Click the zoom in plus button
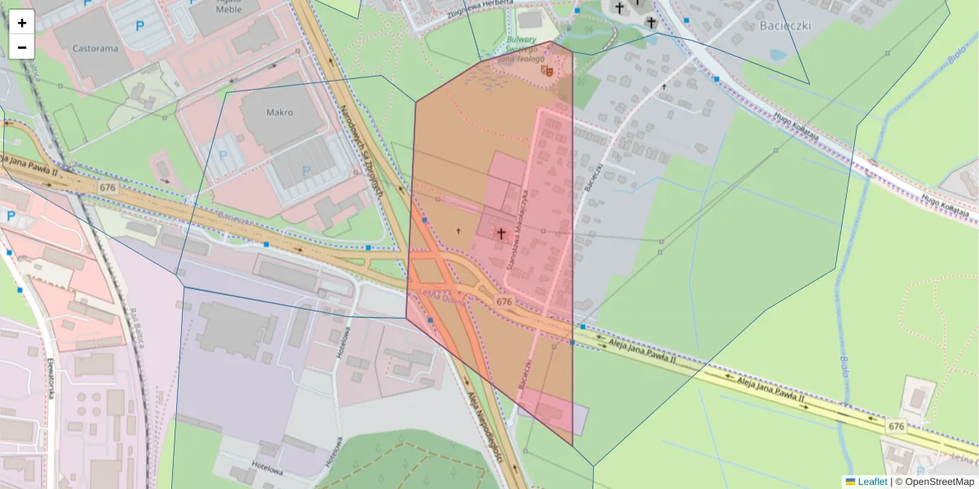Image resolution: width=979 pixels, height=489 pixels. click(x=22, y=23)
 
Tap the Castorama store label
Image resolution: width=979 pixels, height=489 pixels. click(x=95, y=48)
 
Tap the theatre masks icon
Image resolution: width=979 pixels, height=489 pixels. click(x=547, y=72)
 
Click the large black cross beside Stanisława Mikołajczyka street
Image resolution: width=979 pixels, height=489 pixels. click(x=500, y=234)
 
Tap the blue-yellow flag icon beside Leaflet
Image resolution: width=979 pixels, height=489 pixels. click(x=851, y=482)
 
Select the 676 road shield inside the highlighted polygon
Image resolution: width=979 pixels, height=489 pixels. click(x=504, y=302)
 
